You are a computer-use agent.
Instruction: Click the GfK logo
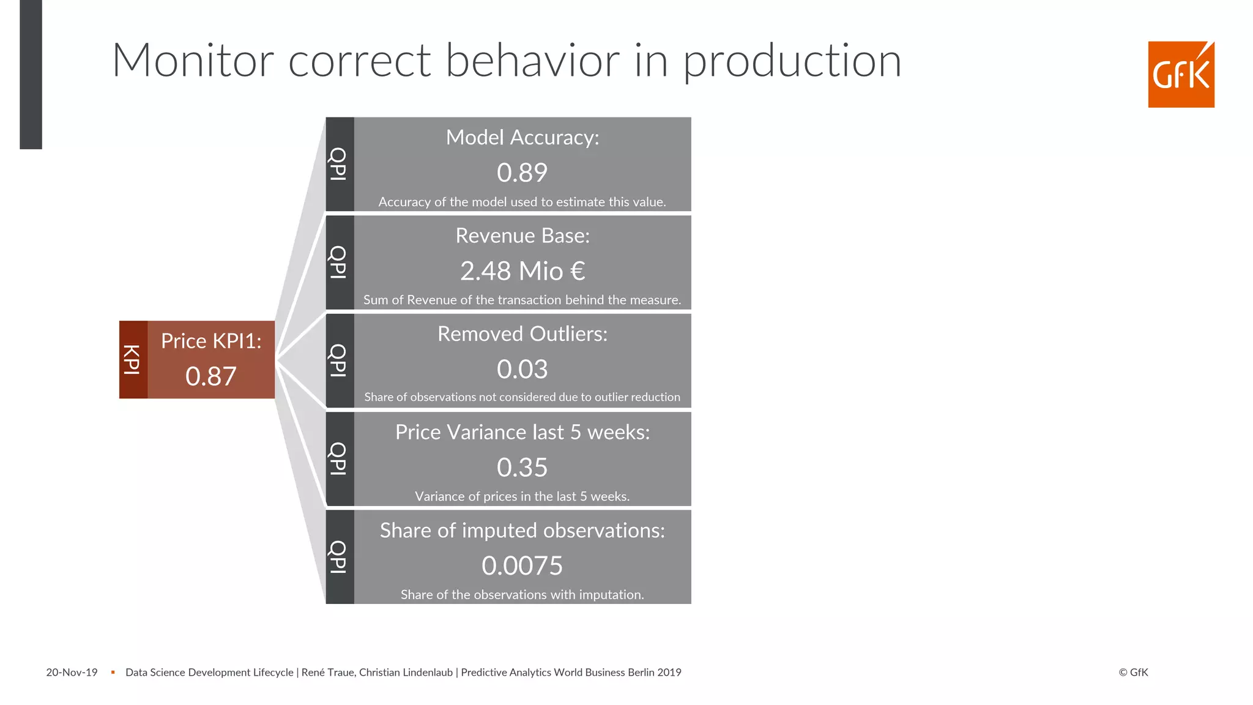tap(1181, 75)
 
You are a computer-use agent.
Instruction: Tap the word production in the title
tap(792, 62)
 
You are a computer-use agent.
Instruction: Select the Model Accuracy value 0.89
tap(522, 173)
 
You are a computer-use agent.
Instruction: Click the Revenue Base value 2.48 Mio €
tap(522, 271)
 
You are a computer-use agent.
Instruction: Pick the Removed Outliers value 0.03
tap(522, 369)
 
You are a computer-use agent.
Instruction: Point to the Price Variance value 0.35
tap(522, 468)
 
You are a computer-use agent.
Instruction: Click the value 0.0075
tap(522, 565)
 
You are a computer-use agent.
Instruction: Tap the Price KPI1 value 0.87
tap(210, 376)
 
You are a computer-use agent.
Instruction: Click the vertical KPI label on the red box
tap(133, 360)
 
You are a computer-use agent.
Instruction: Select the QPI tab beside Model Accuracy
tap(339, 164)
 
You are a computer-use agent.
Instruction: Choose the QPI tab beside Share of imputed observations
tap(339, 557)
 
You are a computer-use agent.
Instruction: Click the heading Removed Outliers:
tap(522, 334)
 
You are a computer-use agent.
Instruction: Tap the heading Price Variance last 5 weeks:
tap(522, 432)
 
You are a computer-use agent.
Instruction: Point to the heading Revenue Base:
tap(522, 236)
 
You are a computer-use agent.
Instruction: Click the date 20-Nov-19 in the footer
tap(72, 673)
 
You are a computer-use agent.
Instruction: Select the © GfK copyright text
tap(1133, 673)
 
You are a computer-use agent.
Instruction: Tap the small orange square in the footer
tap(113, 673)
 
